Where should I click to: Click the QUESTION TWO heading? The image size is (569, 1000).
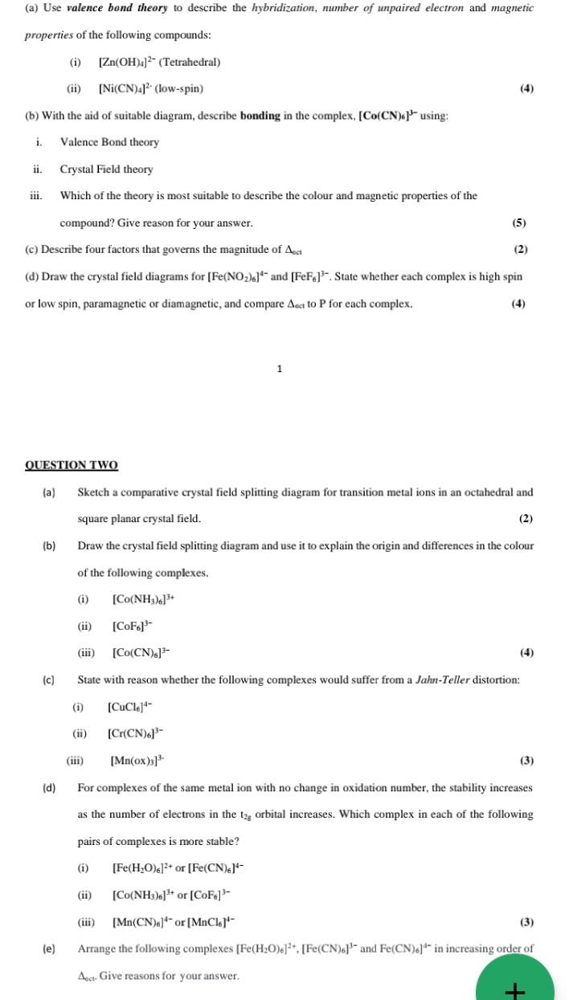pyautogui.click(x=72, y=465)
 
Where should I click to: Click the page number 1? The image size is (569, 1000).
pyautogui.click(x=279, y=369)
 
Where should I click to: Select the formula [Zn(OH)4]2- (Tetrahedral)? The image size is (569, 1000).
pyautogui.click(x=159, y=62)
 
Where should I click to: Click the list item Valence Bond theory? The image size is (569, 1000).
pyautogui.click(x=109, y=142)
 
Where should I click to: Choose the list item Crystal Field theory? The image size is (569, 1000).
pyautogui.click(x=106, y=169)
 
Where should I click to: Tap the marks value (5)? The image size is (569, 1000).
pyautogui.click(x=518, y=222)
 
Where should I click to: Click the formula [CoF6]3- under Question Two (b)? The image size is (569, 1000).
pyautogui.click(x=133, y=627)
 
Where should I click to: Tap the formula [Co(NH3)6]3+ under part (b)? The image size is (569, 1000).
pyautogui.click(x=144, y=599)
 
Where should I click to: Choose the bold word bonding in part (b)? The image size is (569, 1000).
pyautogui.click(x=260, y=116)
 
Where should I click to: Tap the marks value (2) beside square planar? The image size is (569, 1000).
pyautogui.click(x=526, y=519)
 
